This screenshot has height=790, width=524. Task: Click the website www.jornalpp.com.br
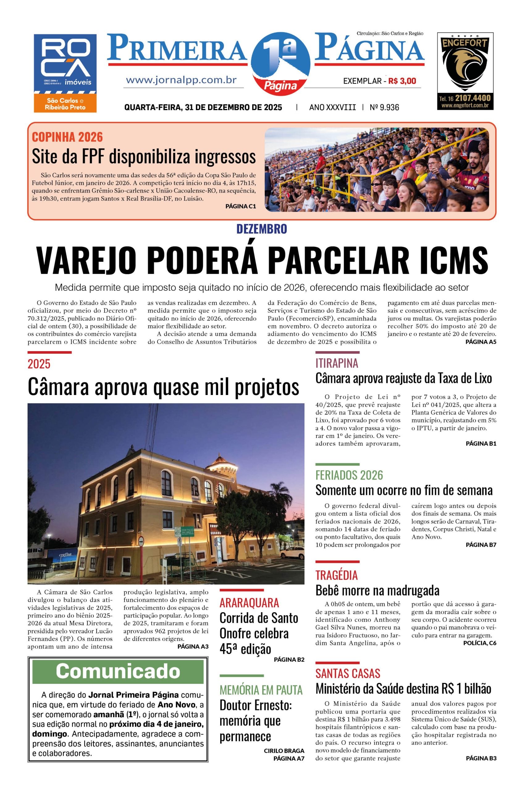181,80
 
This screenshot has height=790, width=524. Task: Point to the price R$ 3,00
402,81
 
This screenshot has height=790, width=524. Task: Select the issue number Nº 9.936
384,107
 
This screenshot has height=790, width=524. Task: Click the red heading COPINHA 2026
67,137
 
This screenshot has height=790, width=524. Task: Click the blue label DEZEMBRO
262,229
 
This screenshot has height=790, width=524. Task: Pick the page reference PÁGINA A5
480,342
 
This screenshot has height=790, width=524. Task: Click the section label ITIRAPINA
337,363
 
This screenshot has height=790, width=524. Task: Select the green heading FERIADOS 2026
349,475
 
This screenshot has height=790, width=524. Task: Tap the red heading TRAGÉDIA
336,575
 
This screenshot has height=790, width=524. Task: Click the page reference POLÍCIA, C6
480,643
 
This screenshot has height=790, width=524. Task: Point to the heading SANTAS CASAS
348,673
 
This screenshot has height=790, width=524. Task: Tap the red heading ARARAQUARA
249,603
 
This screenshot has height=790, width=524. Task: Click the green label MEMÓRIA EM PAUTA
261,689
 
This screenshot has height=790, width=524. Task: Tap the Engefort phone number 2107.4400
472,98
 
